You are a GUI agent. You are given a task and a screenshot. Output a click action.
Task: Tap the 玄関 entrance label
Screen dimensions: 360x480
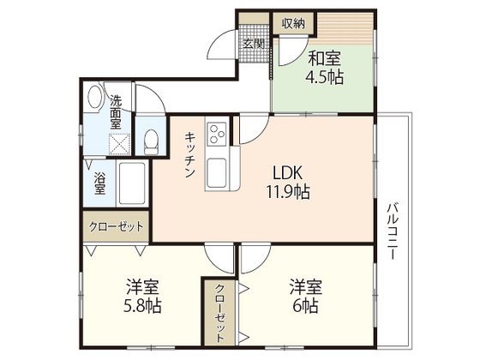tap(252, 44)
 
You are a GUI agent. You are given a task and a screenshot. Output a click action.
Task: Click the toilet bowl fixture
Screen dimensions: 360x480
tap(152, 140)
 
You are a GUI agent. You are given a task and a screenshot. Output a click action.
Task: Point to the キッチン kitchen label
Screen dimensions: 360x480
tap(189, 153)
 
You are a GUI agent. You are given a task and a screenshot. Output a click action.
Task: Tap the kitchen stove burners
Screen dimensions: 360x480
tap(215, 135)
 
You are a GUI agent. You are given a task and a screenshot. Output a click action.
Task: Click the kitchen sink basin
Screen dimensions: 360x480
tap(215, 165)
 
